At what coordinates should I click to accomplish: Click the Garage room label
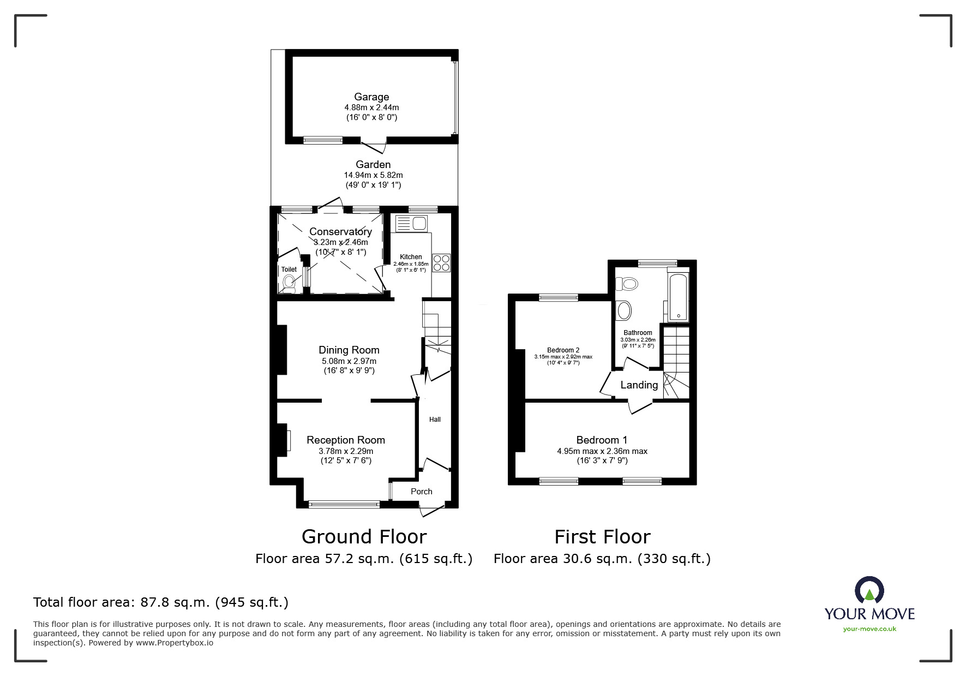pos(371,97)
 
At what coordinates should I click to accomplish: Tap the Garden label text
pos(373,164)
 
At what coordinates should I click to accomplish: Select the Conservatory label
pos(340,231)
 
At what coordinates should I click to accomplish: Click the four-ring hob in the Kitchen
pos(441,263)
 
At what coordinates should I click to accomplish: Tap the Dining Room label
pos(349,350)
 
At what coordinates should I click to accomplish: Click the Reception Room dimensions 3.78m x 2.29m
pos(346,451)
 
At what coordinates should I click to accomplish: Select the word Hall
pos(435,420)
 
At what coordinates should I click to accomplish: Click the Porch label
pos(422,492)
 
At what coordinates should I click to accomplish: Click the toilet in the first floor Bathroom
pos(627,284)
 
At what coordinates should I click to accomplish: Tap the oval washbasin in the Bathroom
pos(623,310)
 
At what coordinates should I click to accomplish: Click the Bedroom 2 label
pos(563,350)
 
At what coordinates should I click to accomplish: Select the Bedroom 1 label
pos(602,440)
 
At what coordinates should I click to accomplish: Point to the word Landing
pos(639,385)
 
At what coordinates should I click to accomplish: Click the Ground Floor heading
pos(364,537)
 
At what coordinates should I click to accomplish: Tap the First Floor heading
pos(602,537)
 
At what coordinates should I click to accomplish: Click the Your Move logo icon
pos(869,590)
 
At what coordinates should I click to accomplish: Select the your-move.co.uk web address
pos(869,629)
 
